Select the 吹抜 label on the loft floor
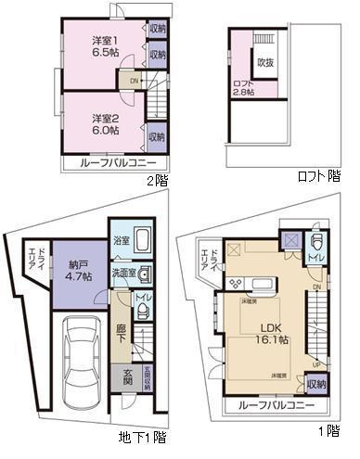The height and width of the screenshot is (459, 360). [x=265, y=62]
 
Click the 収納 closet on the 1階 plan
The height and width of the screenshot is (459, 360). [x=315, y=385]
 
